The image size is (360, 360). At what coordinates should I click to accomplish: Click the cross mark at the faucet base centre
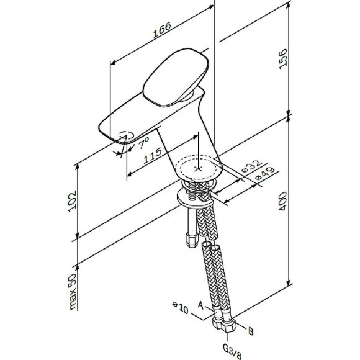click(x=199, y=168)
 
